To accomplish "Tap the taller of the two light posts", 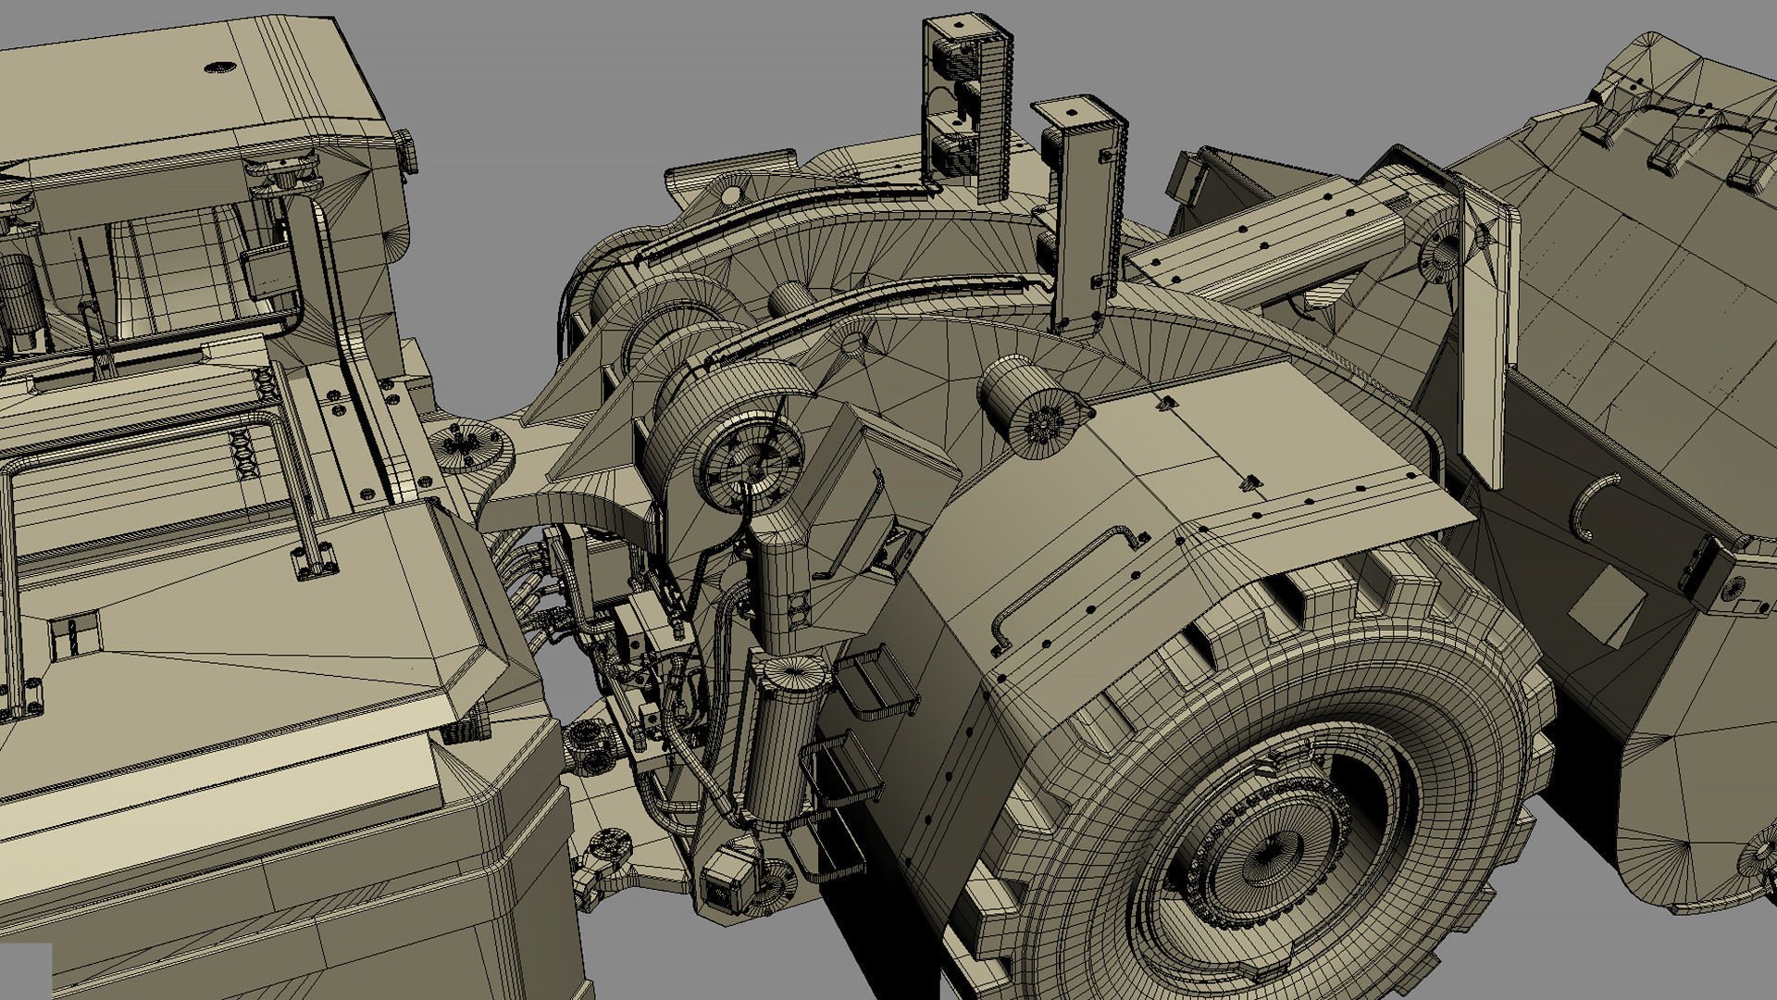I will coord(966,102).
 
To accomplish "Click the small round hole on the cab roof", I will coord(220,67).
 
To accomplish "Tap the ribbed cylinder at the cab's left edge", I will coord(17,296).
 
